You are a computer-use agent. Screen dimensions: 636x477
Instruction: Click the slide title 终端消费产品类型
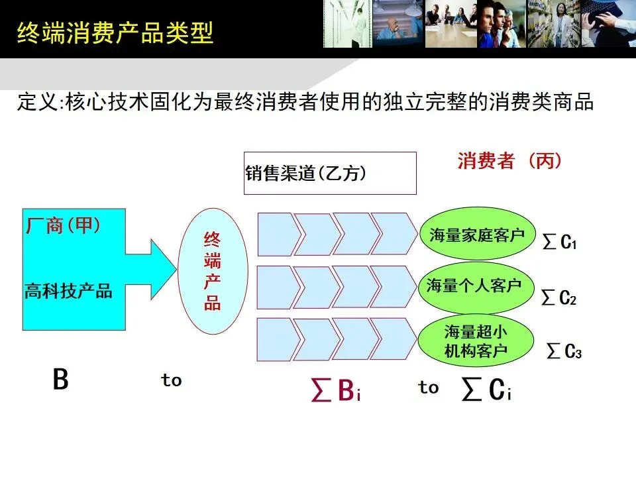coord(115,31)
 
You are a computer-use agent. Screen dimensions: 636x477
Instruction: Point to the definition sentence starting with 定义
coord(304,103)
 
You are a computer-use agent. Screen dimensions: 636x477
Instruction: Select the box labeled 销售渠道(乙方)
coord(330,174)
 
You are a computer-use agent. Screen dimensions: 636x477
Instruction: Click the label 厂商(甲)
coord(64,226)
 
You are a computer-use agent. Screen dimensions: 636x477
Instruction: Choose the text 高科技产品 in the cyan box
coord(68,291)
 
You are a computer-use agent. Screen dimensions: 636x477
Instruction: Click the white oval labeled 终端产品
coord(213,270)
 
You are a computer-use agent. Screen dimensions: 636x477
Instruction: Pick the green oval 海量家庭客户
coord(476,235)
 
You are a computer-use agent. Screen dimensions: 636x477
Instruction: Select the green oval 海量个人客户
coord(474,286)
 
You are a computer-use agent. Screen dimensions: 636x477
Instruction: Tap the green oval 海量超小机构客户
coord(476,341)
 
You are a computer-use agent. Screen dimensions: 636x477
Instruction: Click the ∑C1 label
coord(560,243)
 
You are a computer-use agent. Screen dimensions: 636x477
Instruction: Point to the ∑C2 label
coord(559,298)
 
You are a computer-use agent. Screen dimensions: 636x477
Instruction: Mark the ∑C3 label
coord(564,351)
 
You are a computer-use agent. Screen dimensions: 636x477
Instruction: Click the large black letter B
coord(60,380)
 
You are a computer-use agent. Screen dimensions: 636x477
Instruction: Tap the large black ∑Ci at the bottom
coord(487,392)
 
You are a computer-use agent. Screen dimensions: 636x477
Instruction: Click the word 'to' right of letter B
coord(171,380)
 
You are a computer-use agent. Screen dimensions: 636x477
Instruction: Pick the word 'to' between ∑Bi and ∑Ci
coord(428,388)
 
